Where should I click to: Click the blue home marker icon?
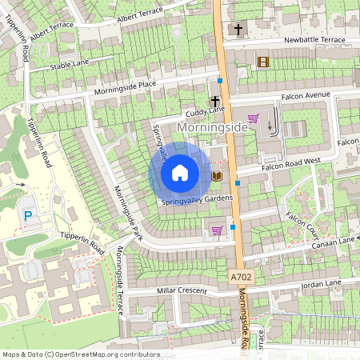[180, 173]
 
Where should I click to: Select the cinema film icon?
[263, 62]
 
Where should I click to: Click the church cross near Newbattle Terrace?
[238, 30]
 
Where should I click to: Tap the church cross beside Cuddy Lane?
[214, 102]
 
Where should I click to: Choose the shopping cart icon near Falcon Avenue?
[254, 119]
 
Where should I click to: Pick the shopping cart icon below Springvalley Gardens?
[217, 230]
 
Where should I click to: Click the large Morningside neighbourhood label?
[213, 128]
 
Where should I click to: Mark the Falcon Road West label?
[290, 164]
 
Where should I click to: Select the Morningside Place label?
[124, 86]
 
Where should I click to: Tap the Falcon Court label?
[303, 219]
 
